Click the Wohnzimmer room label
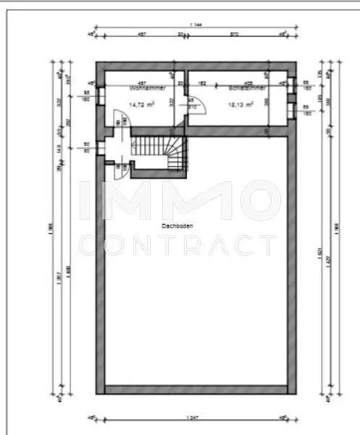(x=148, y=88)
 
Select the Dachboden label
(x=177, y=226)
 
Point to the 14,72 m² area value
(x=143, y=104)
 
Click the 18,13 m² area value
(x=240, y=104)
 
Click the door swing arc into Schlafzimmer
(x=198, y=109)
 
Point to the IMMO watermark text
(x=177, y=199)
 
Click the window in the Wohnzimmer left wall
(x=101, y=96)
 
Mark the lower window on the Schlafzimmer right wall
(x=291, y=110)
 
